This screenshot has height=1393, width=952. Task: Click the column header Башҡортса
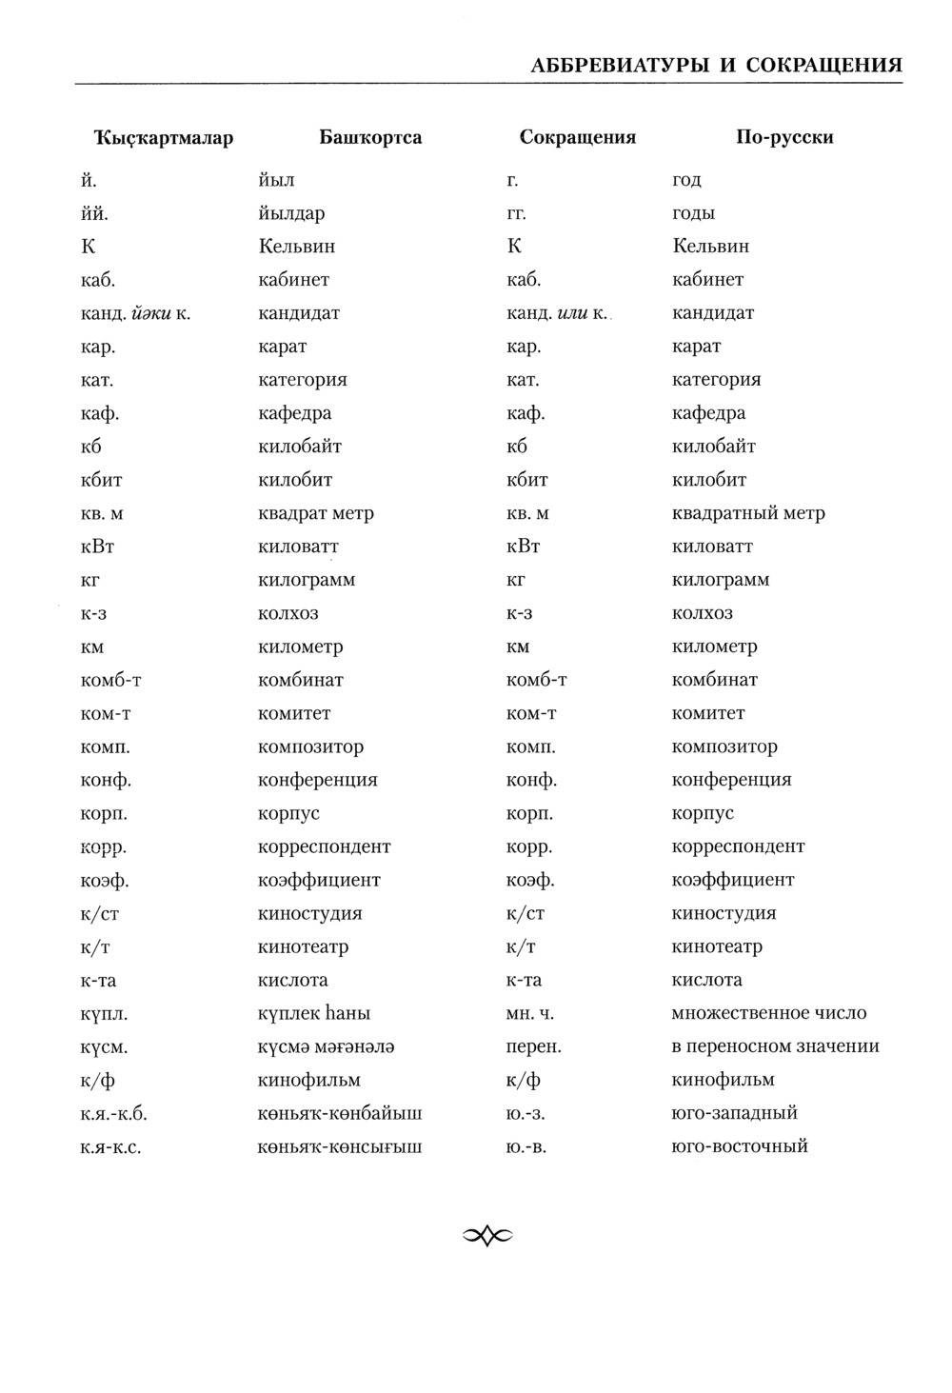point(370,137)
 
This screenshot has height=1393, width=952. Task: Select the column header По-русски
point(784,137)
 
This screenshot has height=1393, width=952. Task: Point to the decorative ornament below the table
point(487,1236)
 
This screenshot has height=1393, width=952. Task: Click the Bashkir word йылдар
point(291,213)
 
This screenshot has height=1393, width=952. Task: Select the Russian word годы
point(693,213)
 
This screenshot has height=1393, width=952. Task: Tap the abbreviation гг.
point(516,213)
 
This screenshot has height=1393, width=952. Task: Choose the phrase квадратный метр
point(748,513)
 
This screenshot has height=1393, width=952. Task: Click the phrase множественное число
point(769,1013)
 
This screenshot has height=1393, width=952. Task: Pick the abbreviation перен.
point(534,1046)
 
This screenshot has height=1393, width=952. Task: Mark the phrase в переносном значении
point(775,1046)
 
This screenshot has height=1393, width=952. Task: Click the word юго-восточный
point(740,1146)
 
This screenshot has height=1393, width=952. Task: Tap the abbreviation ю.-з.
point(526,1113)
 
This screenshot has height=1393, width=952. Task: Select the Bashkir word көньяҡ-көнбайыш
point(340,1113)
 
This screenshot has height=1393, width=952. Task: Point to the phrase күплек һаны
point(314,1013)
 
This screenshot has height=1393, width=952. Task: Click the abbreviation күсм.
point(105,1046)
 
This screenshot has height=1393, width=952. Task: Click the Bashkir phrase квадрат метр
point(316,513)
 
